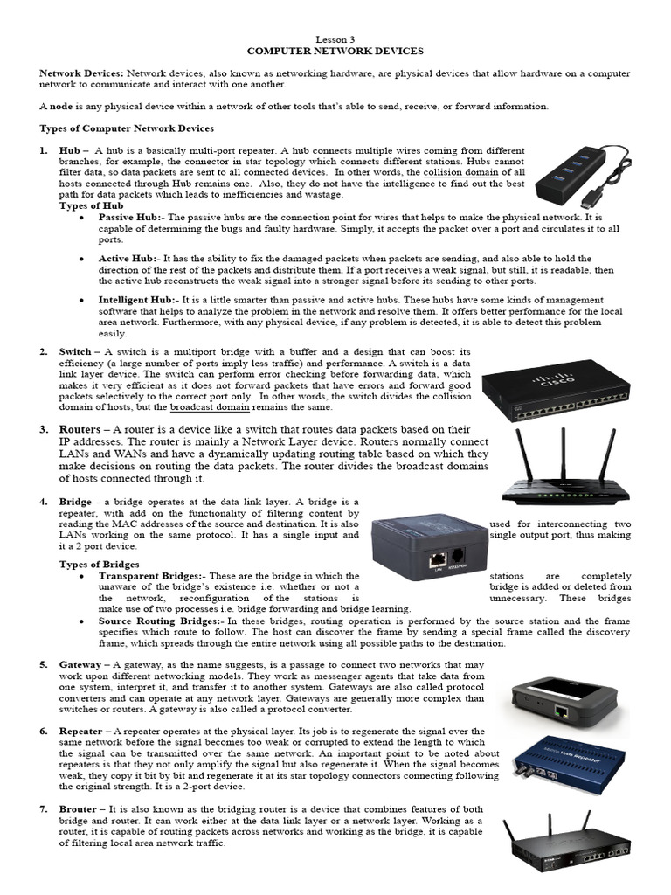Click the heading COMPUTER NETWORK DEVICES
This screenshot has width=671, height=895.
(335, 52)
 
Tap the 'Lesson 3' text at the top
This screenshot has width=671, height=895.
(335, 40)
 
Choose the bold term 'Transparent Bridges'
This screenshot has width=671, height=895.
(151, 577)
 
